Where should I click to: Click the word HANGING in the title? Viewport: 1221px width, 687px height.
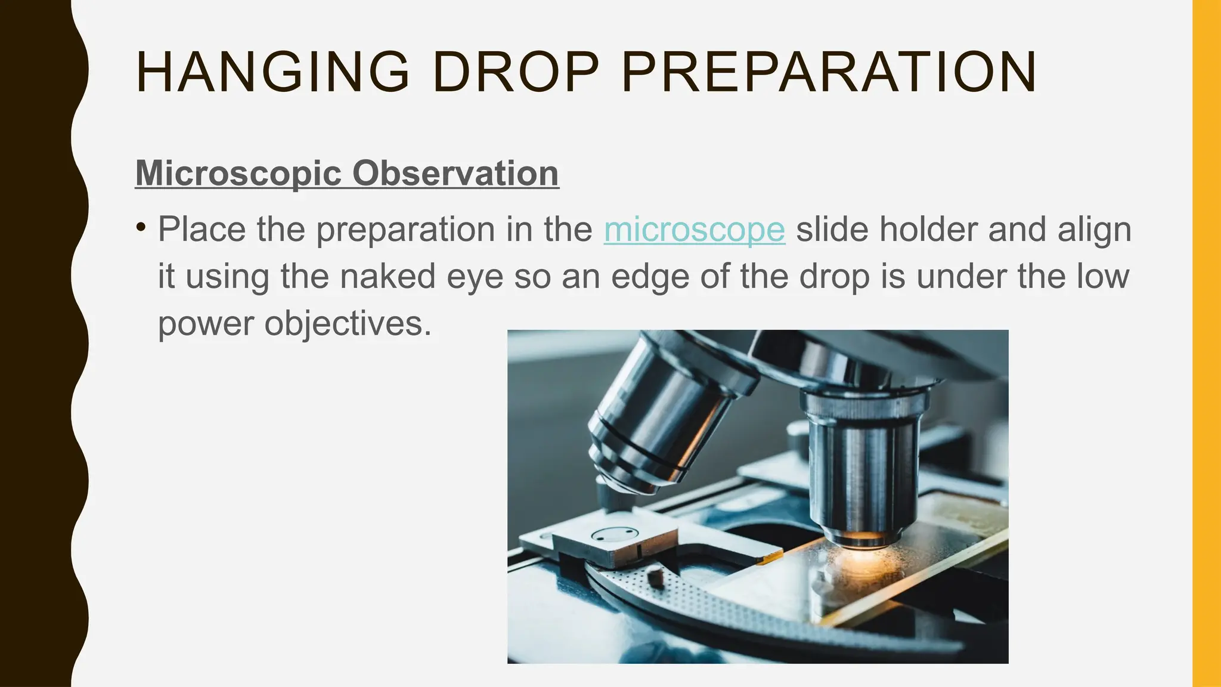pyautogui.click(x=272, y=72)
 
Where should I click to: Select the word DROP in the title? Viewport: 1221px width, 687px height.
pyautogui.click(x=515, y=72)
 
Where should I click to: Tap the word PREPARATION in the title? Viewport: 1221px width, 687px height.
pyautogui.click(x=829, y=72)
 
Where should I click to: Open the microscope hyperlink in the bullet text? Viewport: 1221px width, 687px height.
pyautogui.click(x=694, y=230)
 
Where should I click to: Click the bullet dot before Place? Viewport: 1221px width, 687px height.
pyautogui.click(x=141, y=227)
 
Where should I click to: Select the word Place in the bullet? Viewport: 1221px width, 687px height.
pyautogui.click(x=202, y=230)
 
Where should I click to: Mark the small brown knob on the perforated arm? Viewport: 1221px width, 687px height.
pyautogui.click(x=656, y=577)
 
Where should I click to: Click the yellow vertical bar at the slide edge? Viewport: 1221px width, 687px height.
pyautogui.click(x=1207, y=343)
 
